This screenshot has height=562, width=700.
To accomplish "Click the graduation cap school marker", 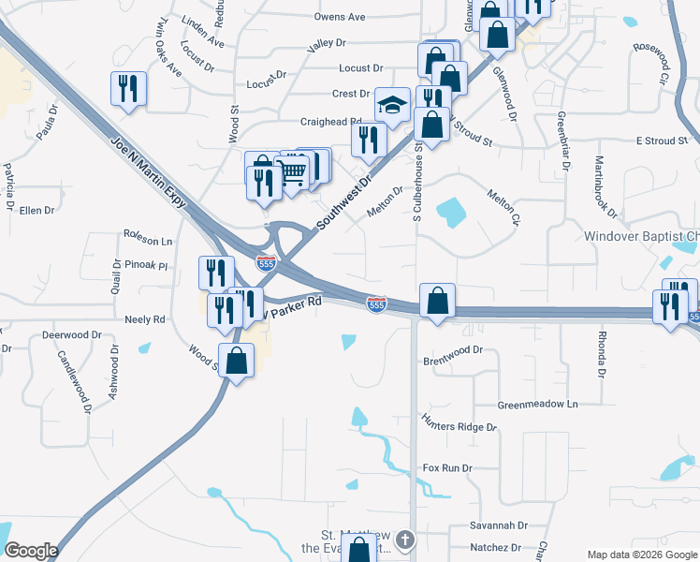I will click(392, 105).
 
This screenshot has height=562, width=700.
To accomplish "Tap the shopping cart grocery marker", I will click(292, 172).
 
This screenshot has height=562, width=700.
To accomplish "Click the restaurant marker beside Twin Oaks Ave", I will click(128, 89).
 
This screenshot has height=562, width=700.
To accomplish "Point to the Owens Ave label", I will click(340, 17).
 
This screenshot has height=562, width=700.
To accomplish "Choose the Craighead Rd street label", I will click(330, 122).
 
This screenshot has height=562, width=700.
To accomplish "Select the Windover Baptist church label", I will click(641, 237).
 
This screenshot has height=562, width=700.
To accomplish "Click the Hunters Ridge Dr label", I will click(459, 426).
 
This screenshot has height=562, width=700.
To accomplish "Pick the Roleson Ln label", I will click(148, 241).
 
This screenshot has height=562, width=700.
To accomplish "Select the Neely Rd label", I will click(144, 319).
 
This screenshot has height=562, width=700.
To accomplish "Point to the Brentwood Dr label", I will click(452, 349).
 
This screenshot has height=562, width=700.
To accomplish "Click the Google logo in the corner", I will click(31, 551).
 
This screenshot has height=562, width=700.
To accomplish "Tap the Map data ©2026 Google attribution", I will click(641, 555).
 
